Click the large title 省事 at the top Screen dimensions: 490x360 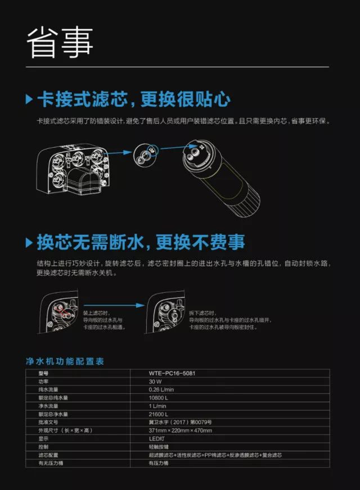pyautogui.click(x=60, y=41)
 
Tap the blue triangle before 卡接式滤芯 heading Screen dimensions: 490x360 pyautogui.click(x=29, y=99)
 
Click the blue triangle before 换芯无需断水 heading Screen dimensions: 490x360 pyautogui.click(x=29, y=243)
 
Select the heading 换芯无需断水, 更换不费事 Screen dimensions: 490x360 pyautogui.click(x=141, y=243)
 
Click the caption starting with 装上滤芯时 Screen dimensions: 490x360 pyautogui.click(x=103, y=320)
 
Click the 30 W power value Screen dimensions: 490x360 pyautogui.click(x=155, y=382)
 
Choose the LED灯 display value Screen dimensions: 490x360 pyautogui.click(x=156, y=439)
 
